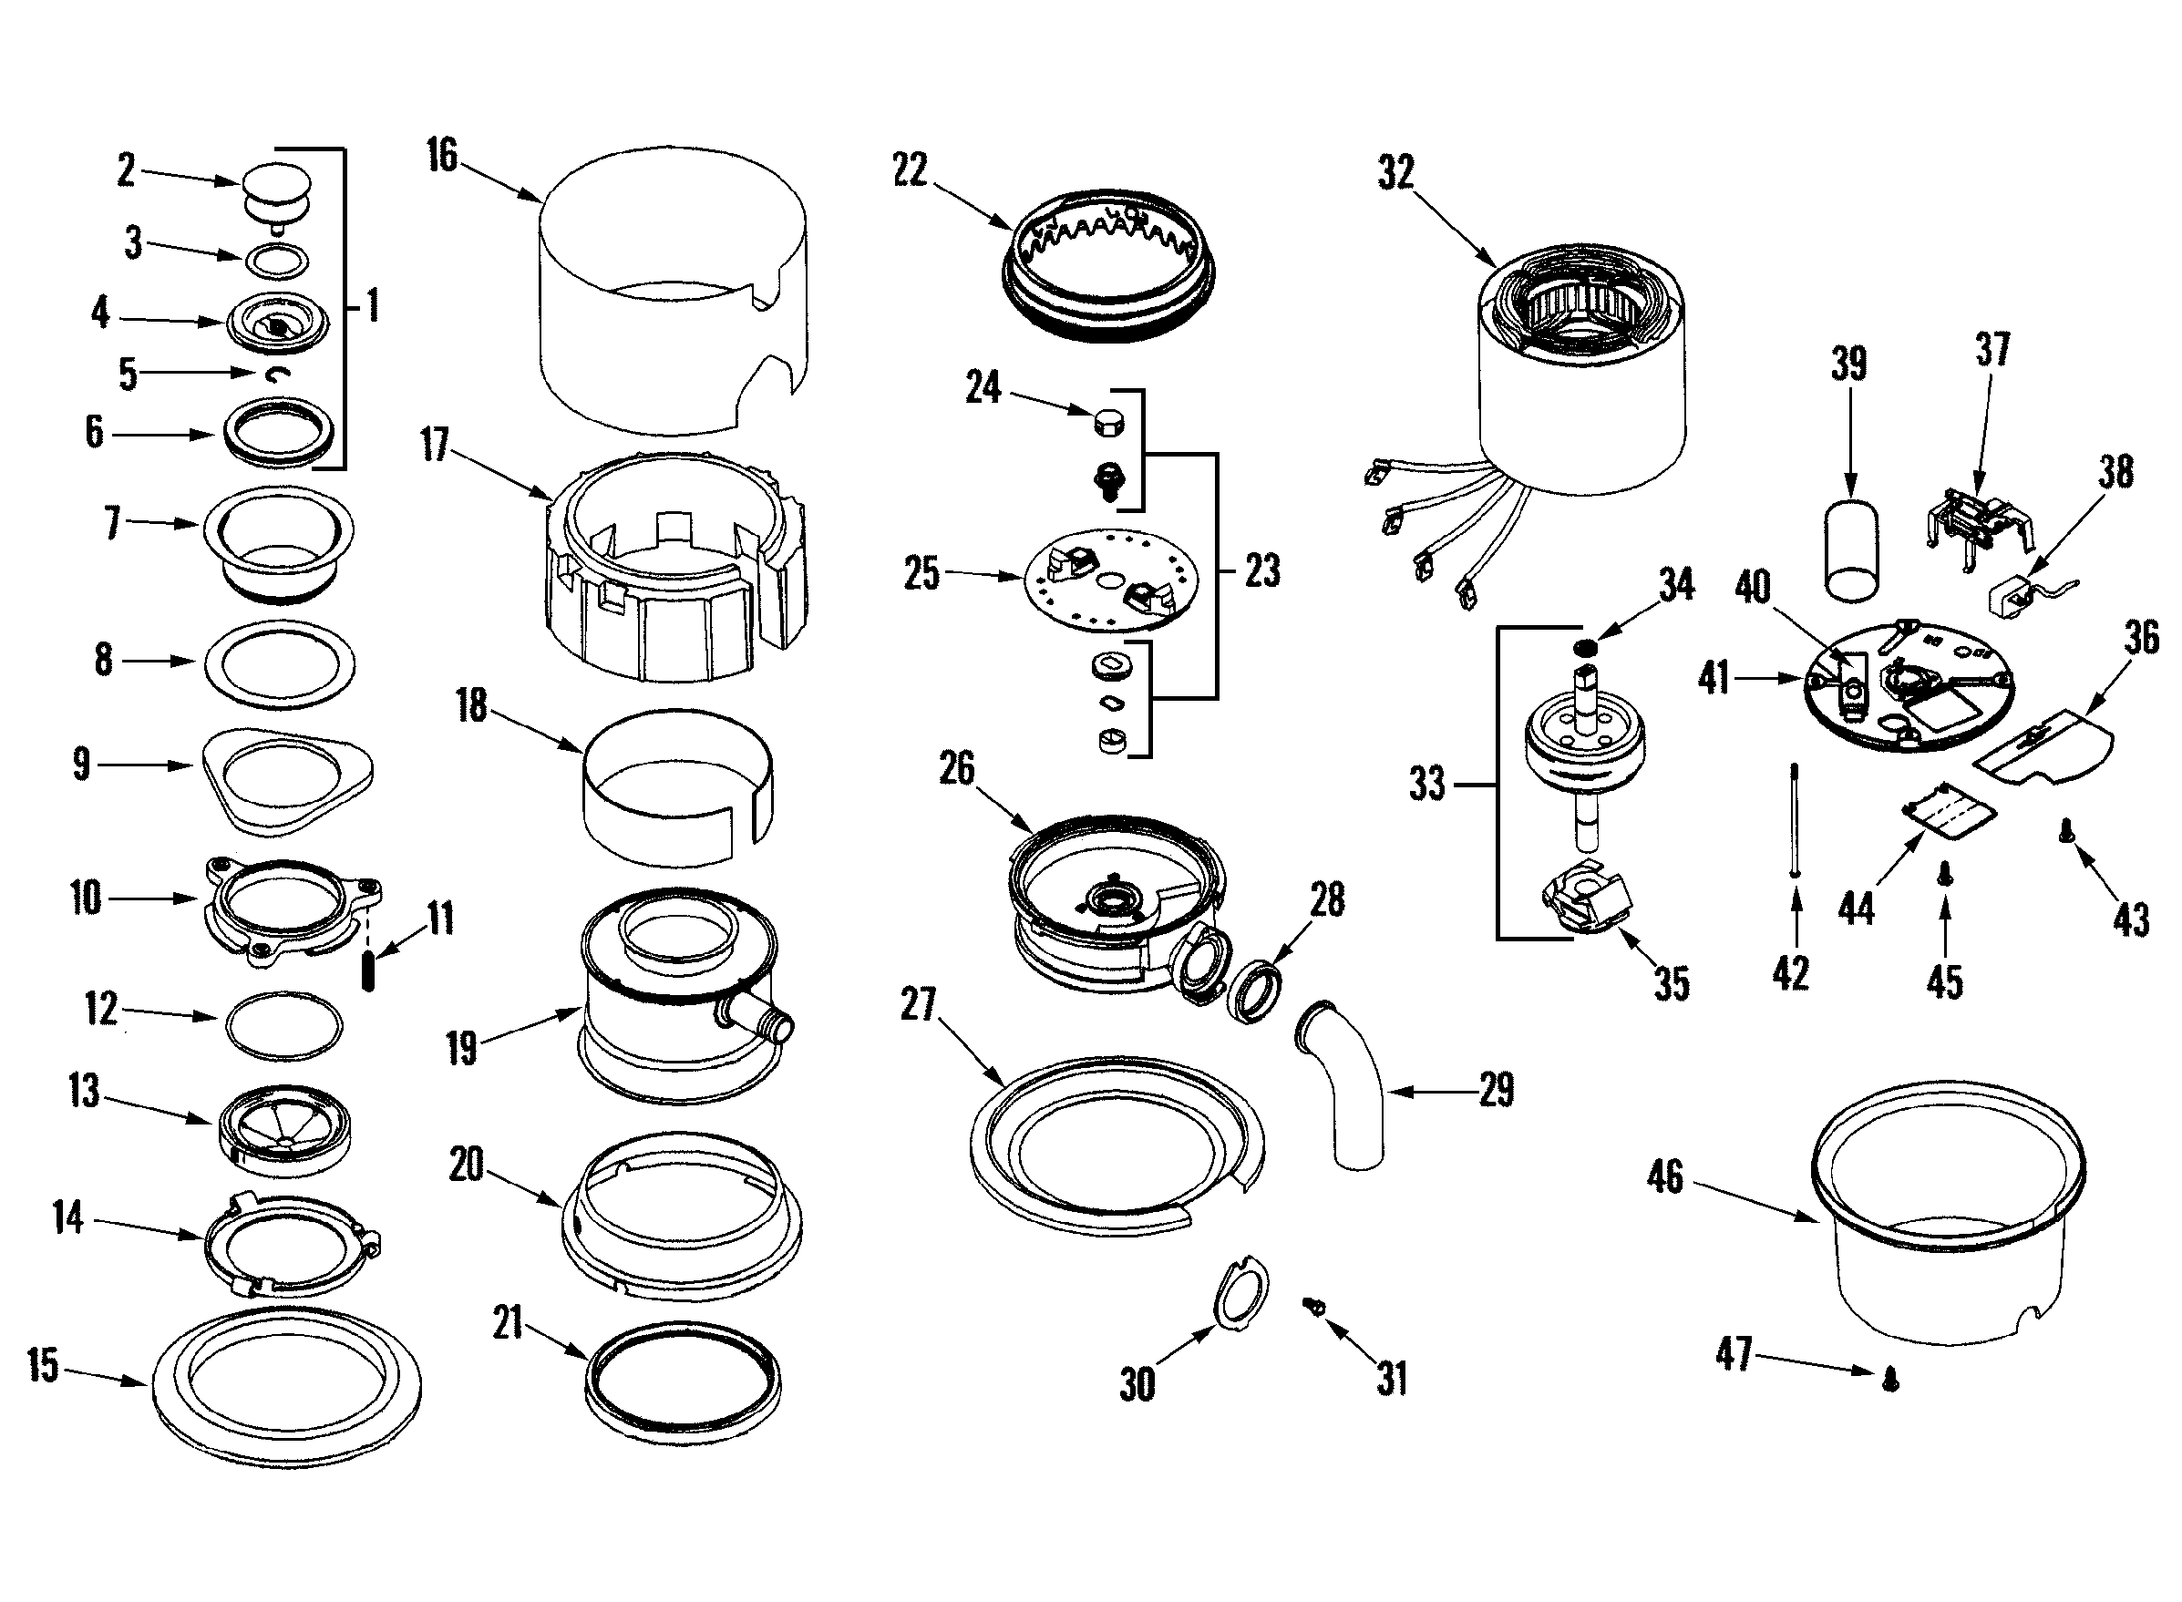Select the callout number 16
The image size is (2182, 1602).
point(441,155)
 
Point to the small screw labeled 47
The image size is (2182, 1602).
point(1889,1378)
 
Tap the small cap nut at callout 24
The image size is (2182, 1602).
point(1107,423)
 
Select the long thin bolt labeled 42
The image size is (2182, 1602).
point(1796,820)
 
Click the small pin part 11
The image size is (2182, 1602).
point(367,971)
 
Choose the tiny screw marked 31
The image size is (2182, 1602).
point(1315,1306)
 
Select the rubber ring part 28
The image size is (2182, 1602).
point(1255,991)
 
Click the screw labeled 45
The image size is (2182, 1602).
point(1943,875)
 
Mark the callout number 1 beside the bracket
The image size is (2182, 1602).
point(374,305)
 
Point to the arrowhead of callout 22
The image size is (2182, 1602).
point(1010,227)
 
